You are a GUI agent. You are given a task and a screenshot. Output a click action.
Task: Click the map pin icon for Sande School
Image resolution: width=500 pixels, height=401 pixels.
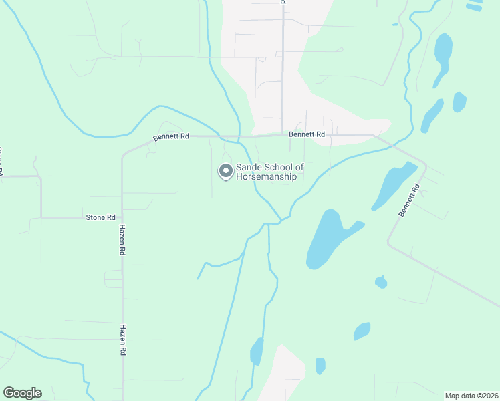(226, 171)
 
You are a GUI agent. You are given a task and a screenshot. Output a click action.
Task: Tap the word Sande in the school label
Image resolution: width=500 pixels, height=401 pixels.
(249, 167)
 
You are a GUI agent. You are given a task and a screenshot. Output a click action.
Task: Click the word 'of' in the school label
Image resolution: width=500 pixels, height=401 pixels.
(299, 167)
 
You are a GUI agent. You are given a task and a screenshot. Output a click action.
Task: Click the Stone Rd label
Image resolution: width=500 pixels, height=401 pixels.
(101, 217)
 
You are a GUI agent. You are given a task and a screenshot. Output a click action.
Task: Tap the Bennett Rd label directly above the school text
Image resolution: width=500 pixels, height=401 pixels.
(307, 134)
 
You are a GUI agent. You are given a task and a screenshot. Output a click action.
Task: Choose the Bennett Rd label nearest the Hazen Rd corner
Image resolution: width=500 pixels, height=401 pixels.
(171, 136)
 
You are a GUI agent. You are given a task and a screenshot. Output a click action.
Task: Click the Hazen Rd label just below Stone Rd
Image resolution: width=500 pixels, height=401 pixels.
(122, 241)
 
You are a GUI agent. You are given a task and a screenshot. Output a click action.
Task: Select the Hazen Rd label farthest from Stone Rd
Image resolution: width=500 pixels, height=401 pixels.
(122, 340)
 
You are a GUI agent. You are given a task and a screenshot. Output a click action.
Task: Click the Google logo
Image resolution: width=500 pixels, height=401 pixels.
(22, 393)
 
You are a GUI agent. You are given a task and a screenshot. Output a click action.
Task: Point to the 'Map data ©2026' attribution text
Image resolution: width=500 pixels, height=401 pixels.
(471, 395)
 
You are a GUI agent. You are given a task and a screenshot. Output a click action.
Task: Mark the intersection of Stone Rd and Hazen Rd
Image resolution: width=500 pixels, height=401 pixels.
(122, 217)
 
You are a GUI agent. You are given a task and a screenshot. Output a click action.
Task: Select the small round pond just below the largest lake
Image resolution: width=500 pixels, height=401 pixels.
(381, 282)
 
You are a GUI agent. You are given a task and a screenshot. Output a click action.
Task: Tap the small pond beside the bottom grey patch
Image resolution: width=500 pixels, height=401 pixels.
(320, 366)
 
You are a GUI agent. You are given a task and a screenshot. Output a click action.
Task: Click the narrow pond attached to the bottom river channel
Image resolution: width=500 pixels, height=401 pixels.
(257, 351)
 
